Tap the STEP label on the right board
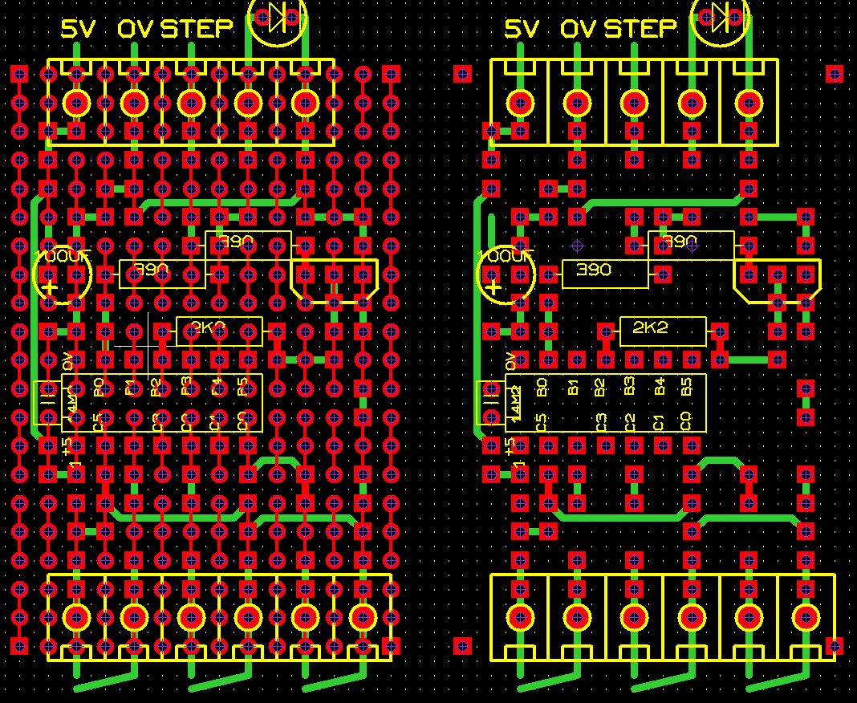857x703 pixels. point(640,30)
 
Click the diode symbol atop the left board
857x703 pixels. point(278,16)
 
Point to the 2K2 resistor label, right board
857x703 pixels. point(650,327)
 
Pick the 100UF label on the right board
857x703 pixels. point(506,257)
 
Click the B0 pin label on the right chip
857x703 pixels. point(542,388)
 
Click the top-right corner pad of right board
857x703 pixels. point(835,74)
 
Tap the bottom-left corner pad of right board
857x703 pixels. point(462,645)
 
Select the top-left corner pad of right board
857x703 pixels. point(462,74)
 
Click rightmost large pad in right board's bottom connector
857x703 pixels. point(806,616)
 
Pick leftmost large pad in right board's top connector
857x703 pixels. point(520,103)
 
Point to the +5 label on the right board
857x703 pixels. point(510,445)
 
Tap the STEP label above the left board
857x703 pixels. point(197,30)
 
